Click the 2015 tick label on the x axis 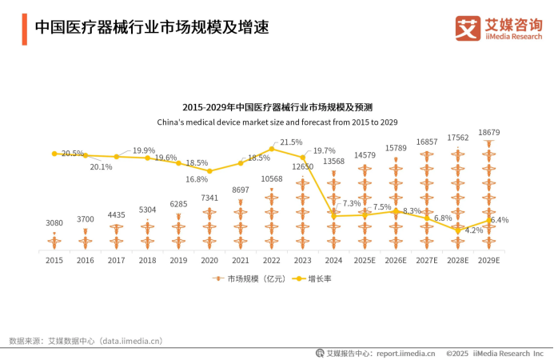[x=54, y=260]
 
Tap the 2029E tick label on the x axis [x=488, y=260]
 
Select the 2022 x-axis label [x=271, y=260]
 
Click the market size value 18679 [x=488, y=132]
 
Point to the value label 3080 [x=54, y=223]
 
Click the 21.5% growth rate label [x=291, y=142]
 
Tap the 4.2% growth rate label [x=474, y=230]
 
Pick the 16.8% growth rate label [x=197, y=179]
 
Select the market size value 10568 [x=271, y=178]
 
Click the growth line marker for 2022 [x=272, y=149]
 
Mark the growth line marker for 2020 [x=209, y=171]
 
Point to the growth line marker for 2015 [x=54, y=153]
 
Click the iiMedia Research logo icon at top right [x=468, y=28]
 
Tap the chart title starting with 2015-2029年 [x=277, y=106]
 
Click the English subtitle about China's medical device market [x=277, y=122]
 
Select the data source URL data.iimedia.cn [x=132, y=341]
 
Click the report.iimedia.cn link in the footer [x=405, y=352]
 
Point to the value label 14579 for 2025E [x=365, y=154]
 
